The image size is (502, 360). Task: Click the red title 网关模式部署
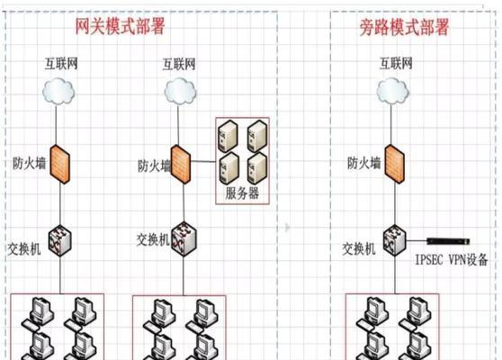point(120,26)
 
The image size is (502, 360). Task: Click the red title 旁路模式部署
point(404,27)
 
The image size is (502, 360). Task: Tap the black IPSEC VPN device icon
point(448,241)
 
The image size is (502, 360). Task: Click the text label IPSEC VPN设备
point(452,259)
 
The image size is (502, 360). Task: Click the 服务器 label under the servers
point(242,193)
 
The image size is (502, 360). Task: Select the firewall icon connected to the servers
point(181,165)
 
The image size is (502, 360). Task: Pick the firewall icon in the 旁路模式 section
point(395,164)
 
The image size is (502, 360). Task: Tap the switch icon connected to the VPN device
point(395,240)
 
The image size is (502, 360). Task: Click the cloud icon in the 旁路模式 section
point(392,92)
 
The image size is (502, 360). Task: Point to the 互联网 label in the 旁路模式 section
point(396,63)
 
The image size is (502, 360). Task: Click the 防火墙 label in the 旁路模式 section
point(364,163)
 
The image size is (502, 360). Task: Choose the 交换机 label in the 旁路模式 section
point(359,249)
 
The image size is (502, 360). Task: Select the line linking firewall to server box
point(203,161)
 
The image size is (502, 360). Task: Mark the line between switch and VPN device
point(417,240)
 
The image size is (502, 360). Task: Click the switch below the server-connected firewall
point(184,239)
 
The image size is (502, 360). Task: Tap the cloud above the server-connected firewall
point(180,92)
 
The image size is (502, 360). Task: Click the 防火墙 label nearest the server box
point(154,166)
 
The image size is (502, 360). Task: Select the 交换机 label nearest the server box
point(153,239)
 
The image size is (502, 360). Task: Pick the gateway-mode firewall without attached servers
point(60,164)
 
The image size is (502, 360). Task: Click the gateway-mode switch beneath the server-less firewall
point(60,241)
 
